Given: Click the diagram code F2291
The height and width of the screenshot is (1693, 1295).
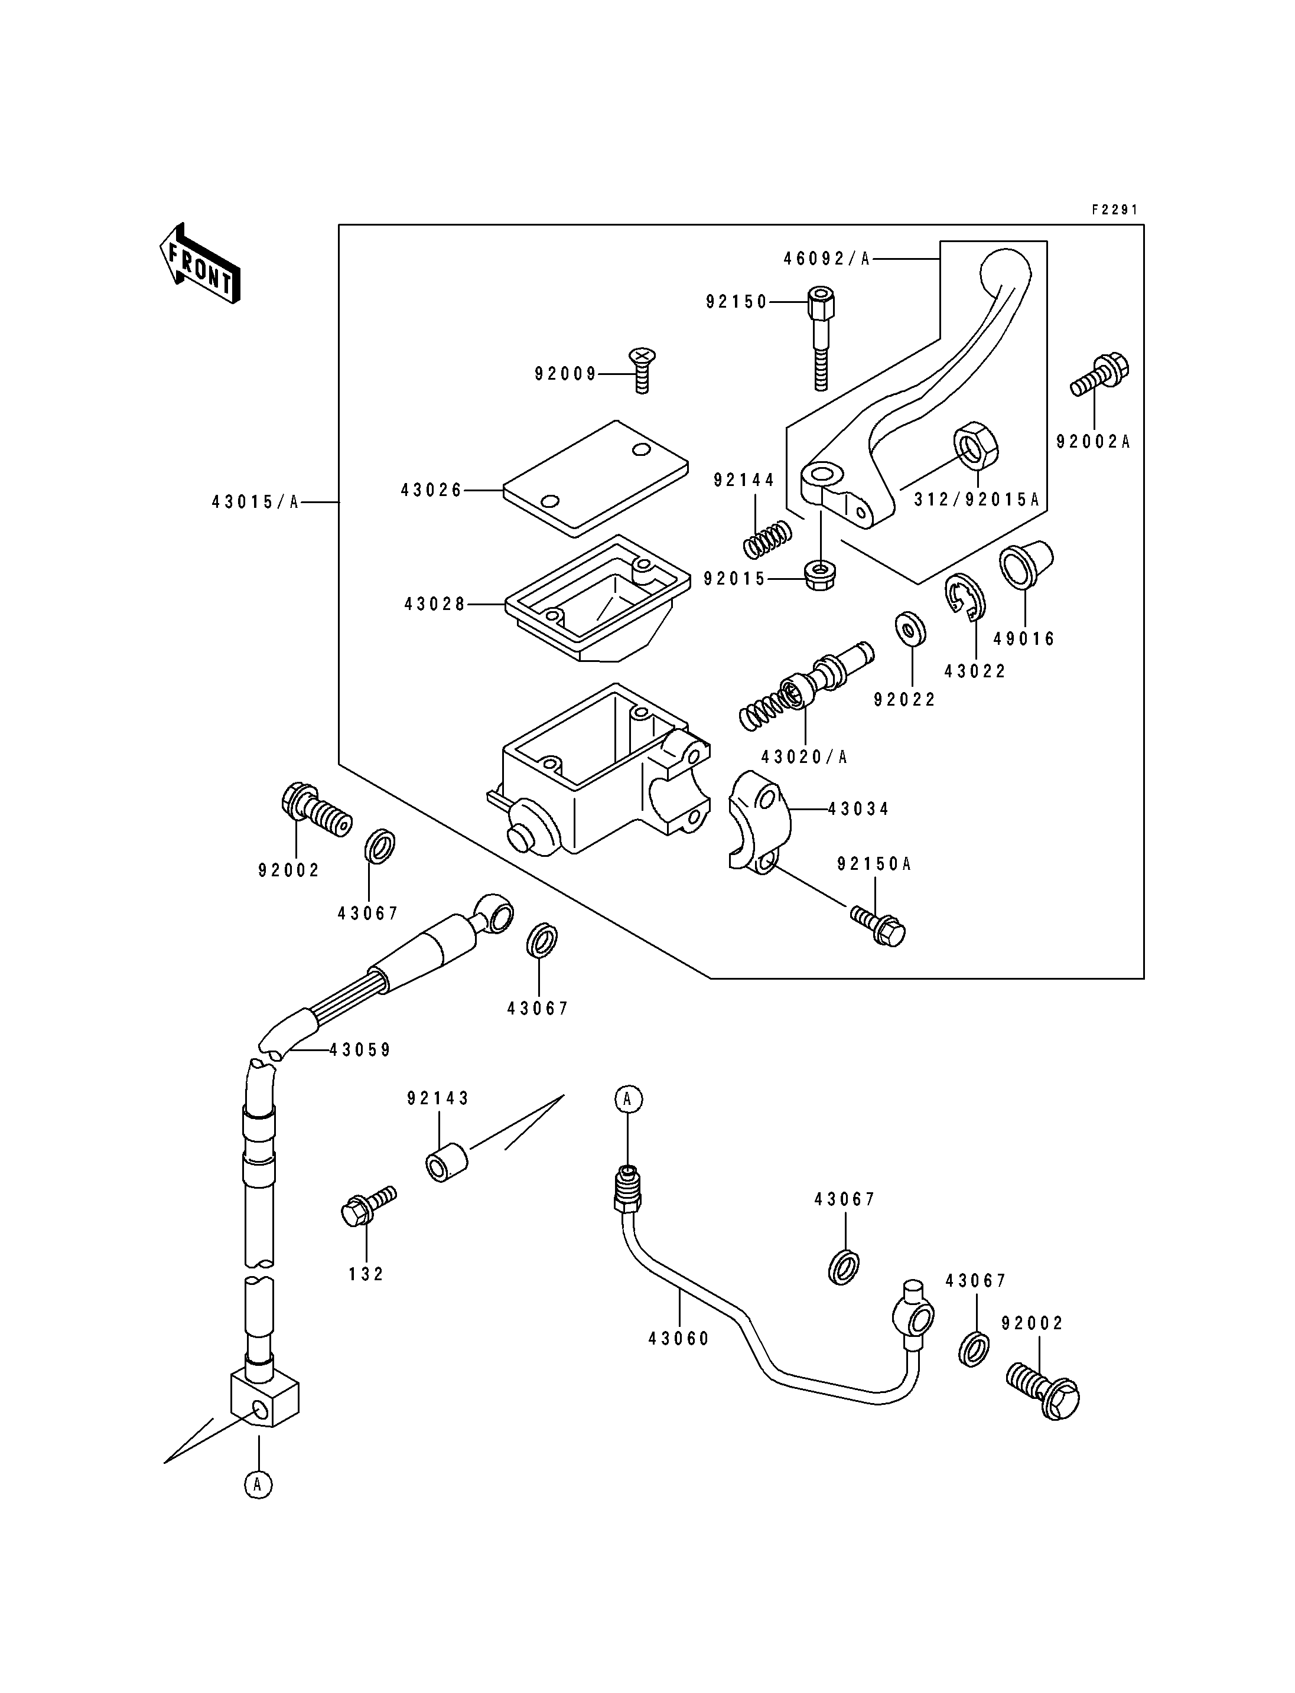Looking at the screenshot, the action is click(1115, 210).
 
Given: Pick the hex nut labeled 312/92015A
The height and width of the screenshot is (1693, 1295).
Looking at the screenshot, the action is click(977, 445).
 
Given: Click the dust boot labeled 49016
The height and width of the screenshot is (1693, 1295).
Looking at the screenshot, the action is click(1026, 565).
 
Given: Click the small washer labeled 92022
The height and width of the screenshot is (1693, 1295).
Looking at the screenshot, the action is click(910, 629).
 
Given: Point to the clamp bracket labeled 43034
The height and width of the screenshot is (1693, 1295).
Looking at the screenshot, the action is click(760, 821).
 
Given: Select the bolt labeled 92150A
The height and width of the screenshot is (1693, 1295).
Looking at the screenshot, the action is click(878, 925).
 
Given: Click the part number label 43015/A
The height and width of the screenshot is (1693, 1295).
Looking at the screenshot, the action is click(255, 503).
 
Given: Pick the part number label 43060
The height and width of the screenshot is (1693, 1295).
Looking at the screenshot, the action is click(678, 1339).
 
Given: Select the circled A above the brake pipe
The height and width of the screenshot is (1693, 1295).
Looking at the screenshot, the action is click(628, 1098).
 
